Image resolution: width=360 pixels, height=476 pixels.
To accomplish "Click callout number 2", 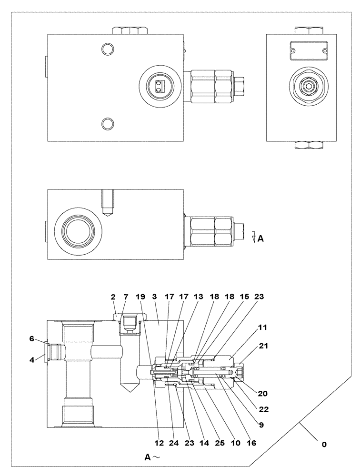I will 113,297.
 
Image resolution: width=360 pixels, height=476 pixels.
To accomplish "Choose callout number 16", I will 251,443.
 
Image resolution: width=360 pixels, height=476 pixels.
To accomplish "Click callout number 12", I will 159,443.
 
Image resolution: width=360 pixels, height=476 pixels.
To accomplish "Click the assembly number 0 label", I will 324,445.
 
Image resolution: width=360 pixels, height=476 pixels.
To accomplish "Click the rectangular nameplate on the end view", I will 307,49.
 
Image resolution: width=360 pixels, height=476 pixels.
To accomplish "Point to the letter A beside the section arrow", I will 260,239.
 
